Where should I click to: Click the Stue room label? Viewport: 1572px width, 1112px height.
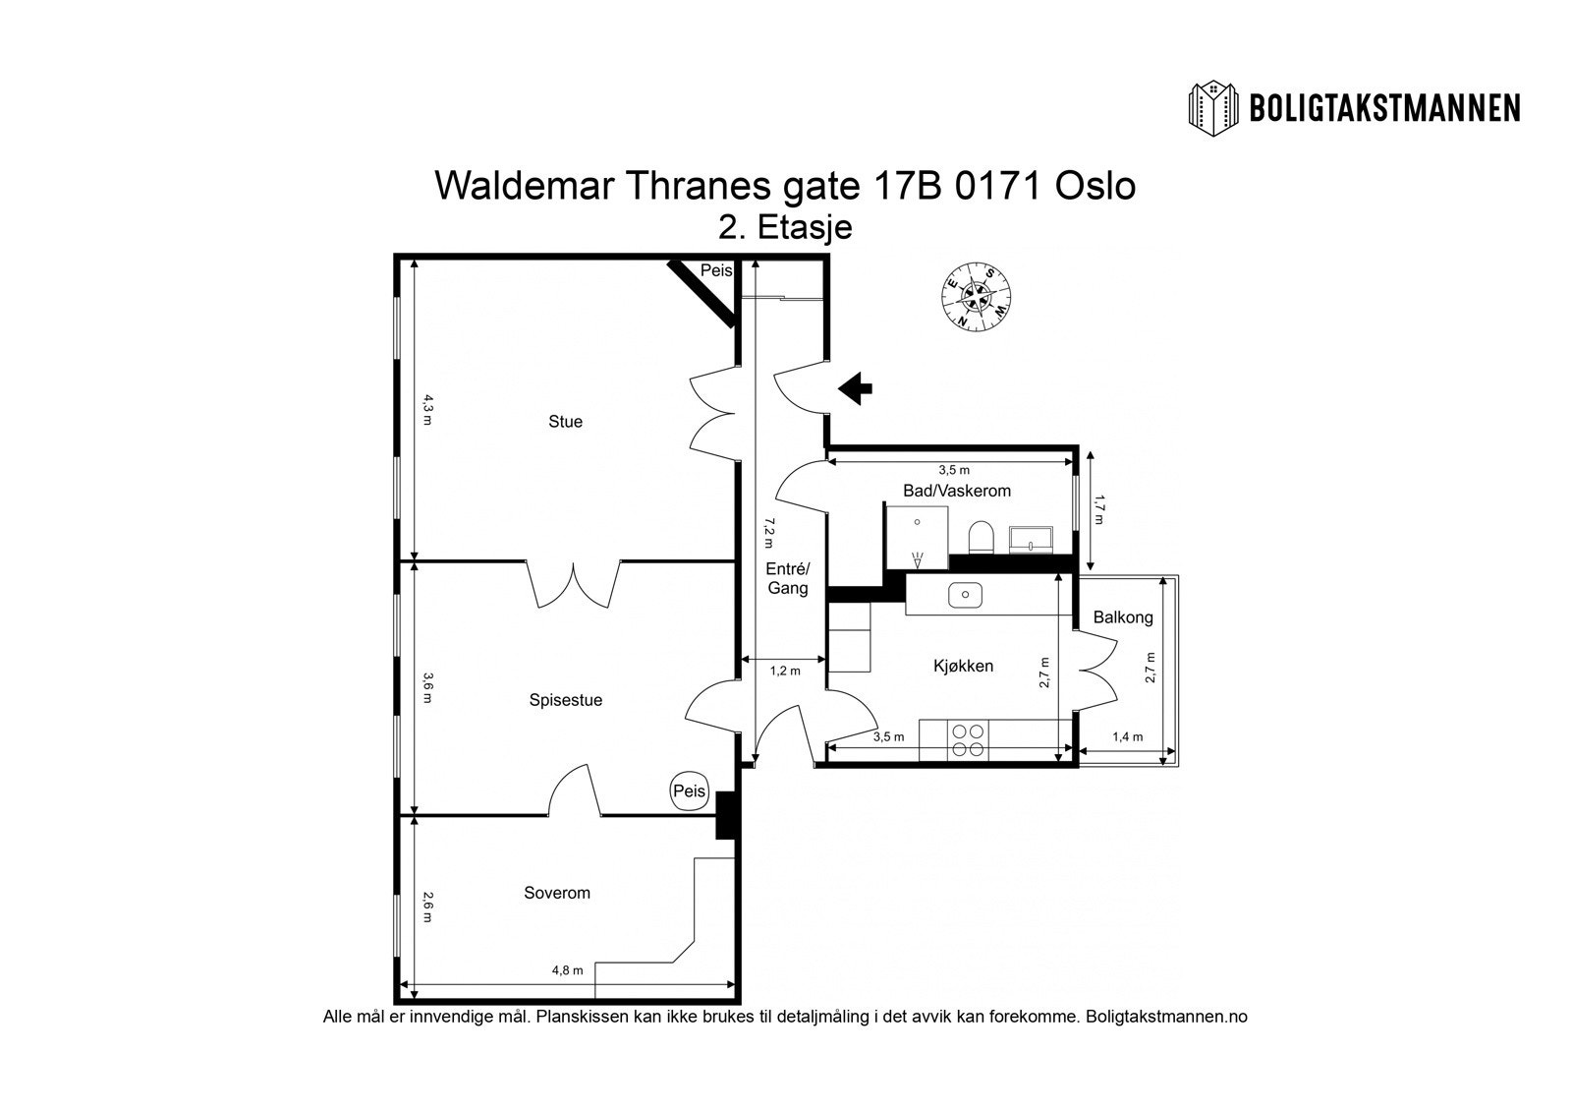tap(565, 422)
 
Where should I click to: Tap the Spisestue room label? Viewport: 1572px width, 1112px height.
tap(566, 700)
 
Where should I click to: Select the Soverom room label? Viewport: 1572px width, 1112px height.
tap(557, 893)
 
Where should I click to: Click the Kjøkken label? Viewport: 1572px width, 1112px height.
tap(963, 666)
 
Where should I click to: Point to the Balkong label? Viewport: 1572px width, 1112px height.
tap(1123, 617)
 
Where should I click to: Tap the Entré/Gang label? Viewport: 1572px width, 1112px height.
tap(788, 578)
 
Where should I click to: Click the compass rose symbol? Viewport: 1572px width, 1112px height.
tap(976, 294)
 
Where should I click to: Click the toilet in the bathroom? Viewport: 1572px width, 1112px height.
tap(982, 537)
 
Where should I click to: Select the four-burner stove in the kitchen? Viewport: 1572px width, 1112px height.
tap(969, 740)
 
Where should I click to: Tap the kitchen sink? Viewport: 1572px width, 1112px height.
tap(966, 594)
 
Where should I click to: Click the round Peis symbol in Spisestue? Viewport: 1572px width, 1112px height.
tap(690, 790)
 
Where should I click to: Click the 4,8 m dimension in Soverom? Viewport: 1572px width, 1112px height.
tap(567, 970)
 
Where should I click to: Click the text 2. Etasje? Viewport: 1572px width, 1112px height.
tap(785, 227)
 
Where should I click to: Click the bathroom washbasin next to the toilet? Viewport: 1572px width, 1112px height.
tap(1031, 539)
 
